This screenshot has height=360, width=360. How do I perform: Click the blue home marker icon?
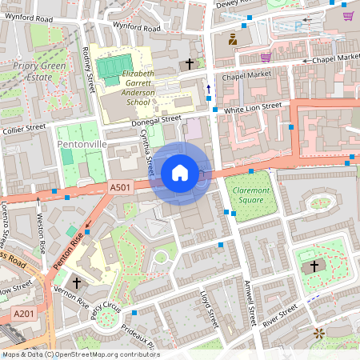(x=180, y=172)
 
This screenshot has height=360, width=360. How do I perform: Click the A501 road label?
(x=120, y=187)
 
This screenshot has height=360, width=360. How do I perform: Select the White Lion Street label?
(x=252, y=106)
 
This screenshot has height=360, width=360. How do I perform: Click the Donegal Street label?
(x=156, y=119)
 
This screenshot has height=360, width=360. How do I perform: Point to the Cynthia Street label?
(x=147, y=154)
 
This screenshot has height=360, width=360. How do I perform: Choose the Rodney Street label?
(x=88, y=67)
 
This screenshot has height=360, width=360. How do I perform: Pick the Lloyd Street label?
(x=208, y=308)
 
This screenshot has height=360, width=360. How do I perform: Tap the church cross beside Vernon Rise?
(x=77, y=282)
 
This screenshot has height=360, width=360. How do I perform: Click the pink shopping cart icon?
(x=265, y=57)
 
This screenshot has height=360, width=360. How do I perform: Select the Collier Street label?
(x=25, y=127)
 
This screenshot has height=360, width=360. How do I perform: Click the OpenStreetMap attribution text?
(x=80, y=354)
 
